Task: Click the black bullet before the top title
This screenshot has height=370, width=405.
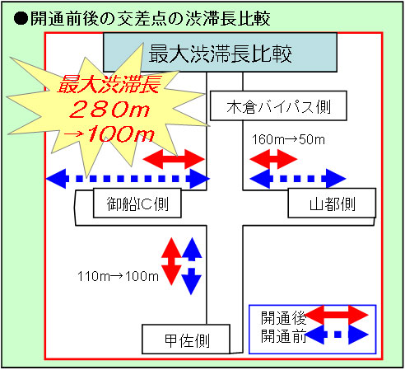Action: [21, 19]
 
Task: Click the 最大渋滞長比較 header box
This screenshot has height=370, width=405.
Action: [220, 53]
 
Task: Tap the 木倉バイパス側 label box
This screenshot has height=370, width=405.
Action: [278, 106]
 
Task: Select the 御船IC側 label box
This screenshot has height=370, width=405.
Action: [137, 203]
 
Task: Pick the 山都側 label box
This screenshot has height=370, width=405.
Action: [332, 203]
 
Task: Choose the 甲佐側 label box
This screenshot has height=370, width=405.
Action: [186, 340]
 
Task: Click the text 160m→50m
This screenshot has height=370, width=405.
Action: [288, 139]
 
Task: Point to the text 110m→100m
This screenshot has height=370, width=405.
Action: [119, 276]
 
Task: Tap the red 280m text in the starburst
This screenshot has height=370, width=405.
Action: [109, 109]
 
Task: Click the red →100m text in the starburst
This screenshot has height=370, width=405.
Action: [109, 134]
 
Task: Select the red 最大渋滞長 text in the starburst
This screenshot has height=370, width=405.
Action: [109, 84]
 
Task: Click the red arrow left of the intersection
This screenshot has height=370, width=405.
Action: [174, 159]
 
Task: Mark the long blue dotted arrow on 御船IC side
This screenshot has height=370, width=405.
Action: [128, 179]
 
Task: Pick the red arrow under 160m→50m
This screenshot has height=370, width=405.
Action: [273, 159]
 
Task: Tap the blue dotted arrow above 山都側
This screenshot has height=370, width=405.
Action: [298, 179]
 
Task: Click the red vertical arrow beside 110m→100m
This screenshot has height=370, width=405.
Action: [171, 261]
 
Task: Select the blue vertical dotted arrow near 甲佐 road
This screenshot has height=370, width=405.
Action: [192, 266]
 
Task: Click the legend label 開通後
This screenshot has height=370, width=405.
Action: [283, 318]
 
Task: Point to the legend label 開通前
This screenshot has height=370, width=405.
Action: [283, 335]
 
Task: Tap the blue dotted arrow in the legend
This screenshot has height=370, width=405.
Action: [337, 335]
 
